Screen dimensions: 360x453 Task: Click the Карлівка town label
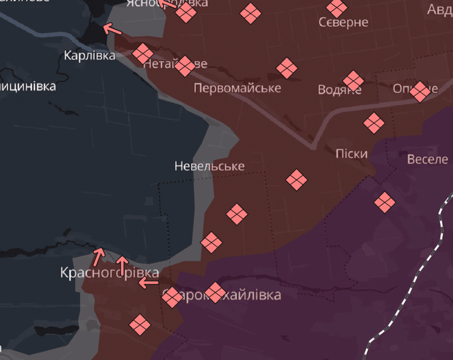click(89, 56)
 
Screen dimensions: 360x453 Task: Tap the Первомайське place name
click(237, 88)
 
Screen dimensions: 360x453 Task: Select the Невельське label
click(209, 166)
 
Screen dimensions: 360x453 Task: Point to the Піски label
click(351, 154)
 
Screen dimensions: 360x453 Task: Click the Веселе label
click(427, 159)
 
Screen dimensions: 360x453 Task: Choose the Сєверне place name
click(343, 23)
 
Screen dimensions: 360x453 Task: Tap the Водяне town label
click(339, 90)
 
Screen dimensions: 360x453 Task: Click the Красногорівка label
click(110, 273)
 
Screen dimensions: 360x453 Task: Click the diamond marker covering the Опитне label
click(420, 91)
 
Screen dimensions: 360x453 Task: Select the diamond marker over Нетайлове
click(184, 66)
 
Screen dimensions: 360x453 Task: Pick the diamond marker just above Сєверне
click(336, 7)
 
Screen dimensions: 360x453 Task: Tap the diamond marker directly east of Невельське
click(296, 180)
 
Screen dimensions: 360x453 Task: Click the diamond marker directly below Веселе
click(384, 202)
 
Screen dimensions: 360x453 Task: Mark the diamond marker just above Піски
click(373, 122)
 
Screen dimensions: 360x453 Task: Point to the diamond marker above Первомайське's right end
click(286, 68)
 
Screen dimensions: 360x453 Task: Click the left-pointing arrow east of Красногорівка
click(148, 282)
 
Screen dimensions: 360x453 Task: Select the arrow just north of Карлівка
click(112, 28)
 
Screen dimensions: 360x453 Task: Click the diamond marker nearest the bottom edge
click(140, 324)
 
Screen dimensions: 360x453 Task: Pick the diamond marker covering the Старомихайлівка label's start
click(172, 297)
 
